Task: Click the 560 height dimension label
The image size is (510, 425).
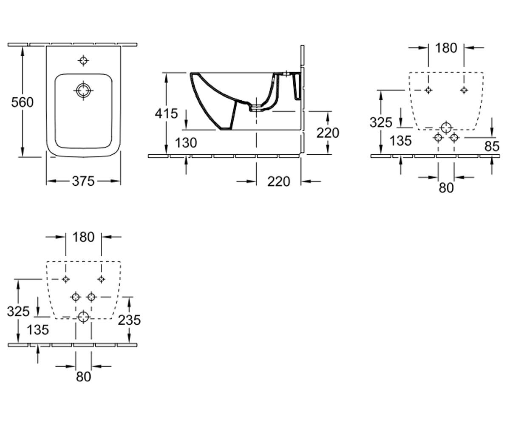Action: pyautogui.click(x=22, y=102)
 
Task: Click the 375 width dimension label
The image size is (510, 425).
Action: pyautogui.click(x=83, y=181)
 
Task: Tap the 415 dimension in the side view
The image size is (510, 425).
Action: pyautogui.click(x=166, y=113)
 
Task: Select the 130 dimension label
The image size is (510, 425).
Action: pyautogui.click(x=186, y=143)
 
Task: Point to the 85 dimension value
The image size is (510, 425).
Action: pyautogui.click(x=492, y=147)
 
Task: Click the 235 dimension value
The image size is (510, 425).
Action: pyautogui.click(x=130, y=320)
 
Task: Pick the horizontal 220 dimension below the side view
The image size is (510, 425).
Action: pyautogui.click(x=279, y=181)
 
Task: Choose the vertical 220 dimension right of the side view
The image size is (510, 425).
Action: pyautogui.click(x=328, y=133)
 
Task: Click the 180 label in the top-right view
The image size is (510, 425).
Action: pyautogui.click(x=446, y=48)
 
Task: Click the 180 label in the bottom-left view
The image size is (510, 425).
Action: pyautogui.click(x=83, y=237)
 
